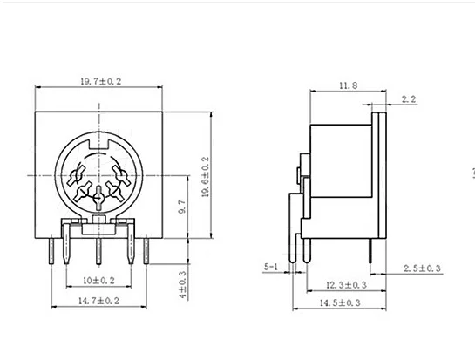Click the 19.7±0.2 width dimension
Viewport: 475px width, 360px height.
[100, 81]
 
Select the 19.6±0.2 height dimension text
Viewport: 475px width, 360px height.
[206, 177]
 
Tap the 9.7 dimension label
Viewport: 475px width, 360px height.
[182, 207]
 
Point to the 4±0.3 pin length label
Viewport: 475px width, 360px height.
[183, 284]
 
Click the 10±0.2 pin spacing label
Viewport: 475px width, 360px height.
[98, 281]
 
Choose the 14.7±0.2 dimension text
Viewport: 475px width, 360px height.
[98, 301]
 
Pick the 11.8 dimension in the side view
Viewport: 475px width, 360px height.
[348, 85]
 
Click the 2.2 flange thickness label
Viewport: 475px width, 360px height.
[409, 99]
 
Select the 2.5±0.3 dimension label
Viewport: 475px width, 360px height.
[422, 268]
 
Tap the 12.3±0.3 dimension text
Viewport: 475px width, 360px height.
[346, 285]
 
